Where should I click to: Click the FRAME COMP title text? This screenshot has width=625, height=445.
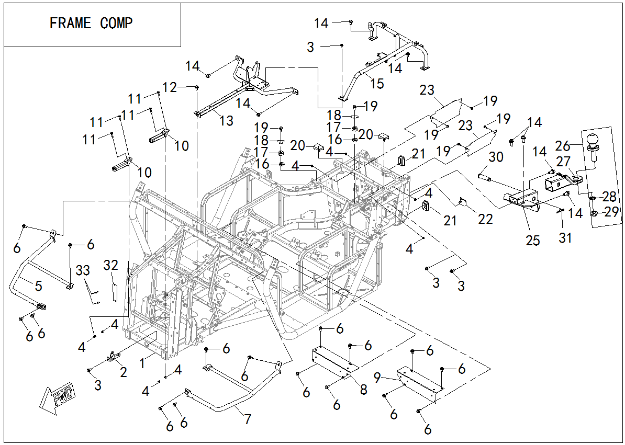coord(91,24)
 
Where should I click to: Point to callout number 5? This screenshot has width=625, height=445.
coord(38,286)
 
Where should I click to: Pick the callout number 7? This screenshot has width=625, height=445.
coord(247,418)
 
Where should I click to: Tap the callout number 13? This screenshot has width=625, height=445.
coord(226,121)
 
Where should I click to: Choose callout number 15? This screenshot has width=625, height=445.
coord(377,84)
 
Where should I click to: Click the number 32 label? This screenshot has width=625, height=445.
coord(111,265)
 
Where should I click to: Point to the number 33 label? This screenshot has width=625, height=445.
coord(83,270)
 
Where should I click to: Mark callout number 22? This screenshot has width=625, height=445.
coord(485,219)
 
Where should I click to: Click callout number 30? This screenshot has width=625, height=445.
coord(496,157)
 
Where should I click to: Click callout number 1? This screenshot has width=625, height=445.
coord(142,361)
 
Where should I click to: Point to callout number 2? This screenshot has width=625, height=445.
coord(124,372)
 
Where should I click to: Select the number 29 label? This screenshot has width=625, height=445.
coord(611,212)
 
